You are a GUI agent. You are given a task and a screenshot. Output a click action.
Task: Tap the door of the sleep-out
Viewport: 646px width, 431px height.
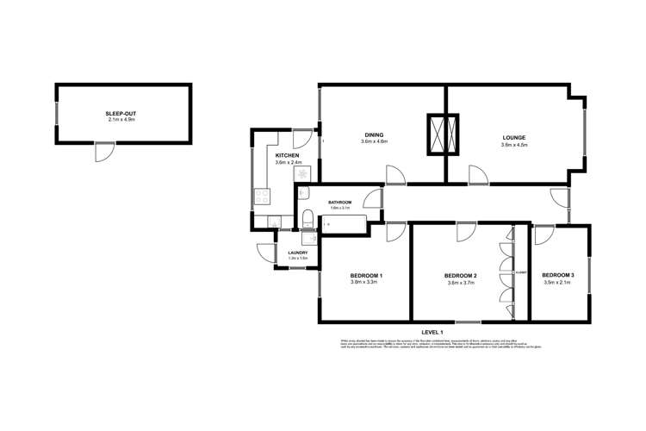coord(103,152)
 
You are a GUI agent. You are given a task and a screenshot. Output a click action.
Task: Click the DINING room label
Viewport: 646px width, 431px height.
coord(374,135)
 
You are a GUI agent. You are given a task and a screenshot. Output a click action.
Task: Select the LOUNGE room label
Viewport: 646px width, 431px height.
coord(514,138)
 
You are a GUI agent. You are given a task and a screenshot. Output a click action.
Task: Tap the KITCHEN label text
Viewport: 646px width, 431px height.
coord(285,155)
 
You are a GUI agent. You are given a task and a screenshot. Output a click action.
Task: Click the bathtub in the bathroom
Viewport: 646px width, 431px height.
coord(343,225)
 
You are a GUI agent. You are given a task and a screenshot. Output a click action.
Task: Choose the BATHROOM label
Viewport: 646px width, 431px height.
coord(339,202)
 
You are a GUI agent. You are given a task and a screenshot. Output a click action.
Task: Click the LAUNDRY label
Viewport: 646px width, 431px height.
coord(297,253)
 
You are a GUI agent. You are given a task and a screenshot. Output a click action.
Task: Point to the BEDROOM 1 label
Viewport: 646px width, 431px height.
coord(366,275)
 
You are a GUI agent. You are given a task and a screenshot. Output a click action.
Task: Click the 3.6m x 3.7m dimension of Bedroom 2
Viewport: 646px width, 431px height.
coord(461,283)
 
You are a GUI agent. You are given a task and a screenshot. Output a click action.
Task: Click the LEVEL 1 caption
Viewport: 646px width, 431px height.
coord(432,332)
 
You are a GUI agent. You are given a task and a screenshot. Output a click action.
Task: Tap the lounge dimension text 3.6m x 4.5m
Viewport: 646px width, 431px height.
coord(514,145)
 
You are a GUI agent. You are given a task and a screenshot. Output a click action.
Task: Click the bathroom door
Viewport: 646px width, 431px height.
coord(372,198)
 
